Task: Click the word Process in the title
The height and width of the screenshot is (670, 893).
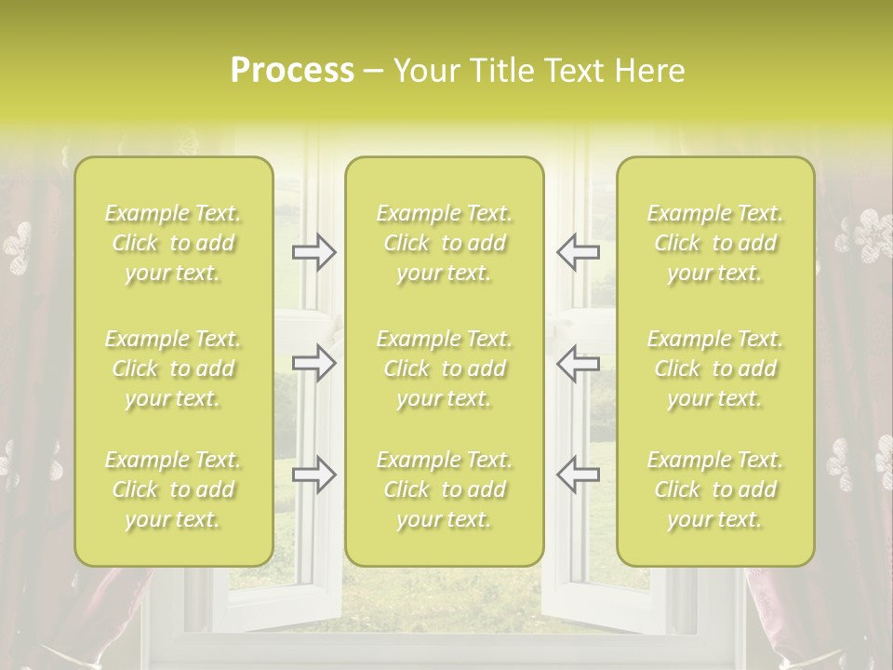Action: click(x=292, y=71)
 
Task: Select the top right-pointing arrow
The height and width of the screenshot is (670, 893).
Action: click(x=314, y=252)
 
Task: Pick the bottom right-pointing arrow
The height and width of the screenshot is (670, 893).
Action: click(x=314, y=474)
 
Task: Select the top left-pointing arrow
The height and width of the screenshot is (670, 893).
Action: click(x=578, y=252)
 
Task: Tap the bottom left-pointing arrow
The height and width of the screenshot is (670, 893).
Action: click(x=578, y=474)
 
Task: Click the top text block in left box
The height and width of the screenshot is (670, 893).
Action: click(x=173, y=243)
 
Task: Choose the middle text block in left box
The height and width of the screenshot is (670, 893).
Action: click(x=173, y=368)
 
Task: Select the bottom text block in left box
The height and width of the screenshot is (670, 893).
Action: click(x=173, y=489)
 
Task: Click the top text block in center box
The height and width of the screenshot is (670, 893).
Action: click(x=445, y=243)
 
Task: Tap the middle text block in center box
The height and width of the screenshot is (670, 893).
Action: click(x=445, y=368)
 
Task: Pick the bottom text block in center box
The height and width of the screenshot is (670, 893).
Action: click(x=445, y=489)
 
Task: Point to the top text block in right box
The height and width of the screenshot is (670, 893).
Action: click(x=715, y=243)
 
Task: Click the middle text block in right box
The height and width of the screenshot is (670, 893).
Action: click(x=715, y=368)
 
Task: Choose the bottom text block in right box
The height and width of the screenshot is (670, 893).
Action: click(x=715, y=489)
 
